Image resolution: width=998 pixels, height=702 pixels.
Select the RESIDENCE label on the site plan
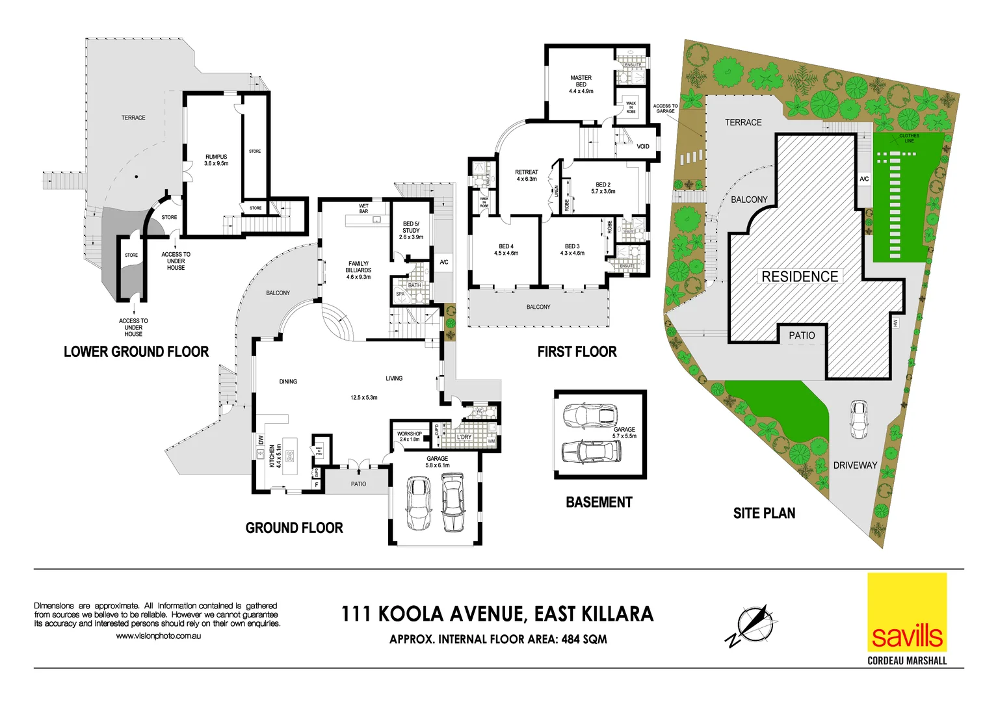tap(800, 276)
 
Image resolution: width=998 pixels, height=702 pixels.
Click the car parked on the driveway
tap(859, 419)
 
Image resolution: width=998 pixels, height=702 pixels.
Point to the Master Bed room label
tap(581, 84)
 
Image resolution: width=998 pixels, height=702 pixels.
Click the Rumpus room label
tap(217, 160)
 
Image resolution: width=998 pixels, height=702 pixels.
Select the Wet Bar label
tap(363, 209)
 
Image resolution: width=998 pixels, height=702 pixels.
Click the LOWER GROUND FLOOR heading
tap(136, 352)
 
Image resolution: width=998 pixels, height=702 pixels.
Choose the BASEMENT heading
tap(599, 502)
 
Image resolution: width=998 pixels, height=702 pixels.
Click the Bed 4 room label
tap(506, 250)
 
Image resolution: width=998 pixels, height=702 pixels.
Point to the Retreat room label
tap(527, 175)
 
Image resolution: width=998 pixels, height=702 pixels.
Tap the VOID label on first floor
tap(642, 146)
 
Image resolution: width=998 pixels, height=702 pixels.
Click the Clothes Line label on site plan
tap(909, 138)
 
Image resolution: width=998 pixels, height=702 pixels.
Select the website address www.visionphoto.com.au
tap(158, 636)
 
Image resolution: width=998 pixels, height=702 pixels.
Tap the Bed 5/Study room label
tap(411, 230)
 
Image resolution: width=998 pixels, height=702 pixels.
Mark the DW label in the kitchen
tap(261, 440)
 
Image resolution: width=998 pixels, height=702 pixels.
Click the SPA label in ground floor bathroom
tap(400, 294)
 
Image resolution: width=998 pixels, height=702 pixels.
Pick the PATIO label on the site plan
tap(802, 335)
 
